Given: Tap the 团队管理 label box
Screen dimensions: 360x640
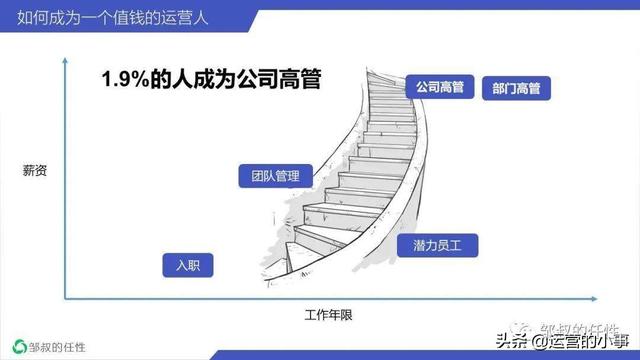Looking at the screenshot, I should click(269, 177).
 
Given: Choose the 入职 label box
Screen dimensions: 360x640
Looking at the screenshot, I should click(188, 265).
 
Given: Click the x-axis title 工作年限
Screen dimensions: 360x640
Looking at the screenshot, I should click(330, 315).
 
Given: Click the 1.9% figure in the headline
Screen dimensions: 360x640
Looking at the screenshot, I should click(126, 81).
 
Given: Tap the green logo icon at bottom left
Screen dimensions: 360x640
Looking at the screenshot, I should click(17, 342).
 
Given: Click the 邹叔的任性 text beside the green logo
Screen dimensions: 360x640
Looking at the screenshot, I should click(61, 342).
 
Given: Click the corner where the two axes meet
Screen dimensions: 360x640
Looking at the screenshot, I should click(66, 298).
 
